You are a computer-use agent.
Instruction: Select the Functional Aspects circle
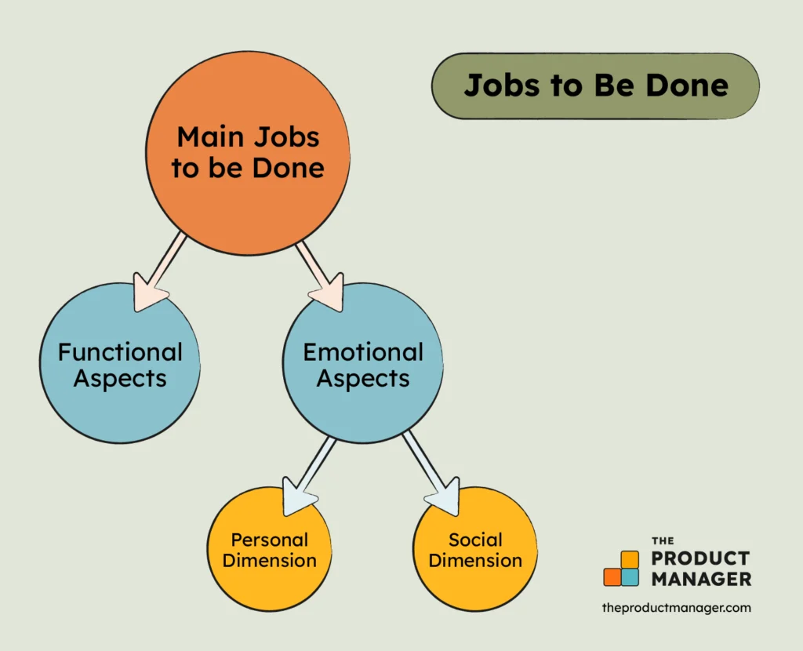coord(119,363)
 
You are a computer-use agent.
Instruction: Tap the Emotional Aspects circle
coord(363,363)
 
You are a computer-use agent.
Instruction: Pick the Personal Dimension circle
coord(269,549)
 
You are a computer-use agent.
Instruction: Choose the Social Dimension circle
coord(475,549)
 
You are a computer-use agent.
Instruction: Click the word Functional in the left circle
coord(120,352)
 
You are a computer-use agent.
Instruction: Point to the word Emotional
coord(363,352)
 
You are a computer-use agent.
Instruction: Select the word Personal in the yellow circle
coord(269,540)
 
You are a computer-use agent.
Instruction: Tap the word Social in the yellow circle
coord(475,540)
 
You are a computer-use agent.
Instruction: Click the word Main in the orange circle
coord(209,137)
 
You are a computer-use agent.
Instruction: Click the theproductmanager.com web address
coord(677,607)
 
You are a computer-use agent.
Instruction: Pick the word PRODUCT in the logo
coord(700,559)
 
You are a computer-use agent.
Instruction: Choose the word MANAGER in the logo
coord(701,580)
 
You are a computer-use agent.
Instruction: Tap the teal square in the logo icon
coord(630,576)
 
